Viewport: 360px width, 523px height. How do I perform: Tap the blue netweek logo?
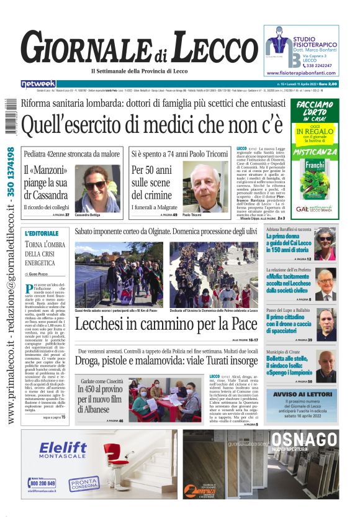click(x=38, y=83)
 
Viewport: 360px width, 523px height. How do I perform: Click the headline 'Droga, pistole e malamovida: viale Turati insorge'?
click(x=166, y=360)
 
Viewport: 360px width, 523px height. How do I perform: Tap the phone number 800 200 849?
click(x=43, y=483)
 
